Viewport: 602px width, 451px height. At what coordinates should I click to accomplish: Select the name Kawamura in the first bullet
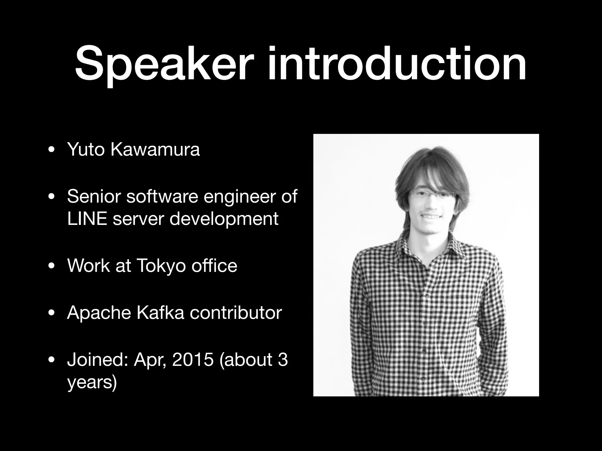coord(155,149)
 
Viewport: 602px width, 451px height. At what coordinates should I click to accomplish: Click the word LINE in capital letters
coord(87,218)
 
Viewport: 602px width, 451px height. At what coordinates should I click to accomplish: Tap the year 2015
coord(193,360)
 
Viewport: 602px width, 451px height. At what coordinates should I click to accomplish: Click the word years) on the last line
coord(92,383)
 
